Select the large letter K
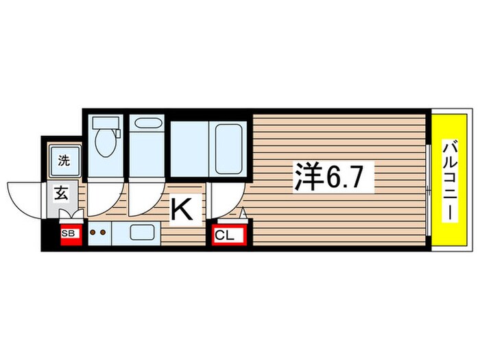(183, 211)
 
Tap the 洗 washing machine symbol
(64, 162)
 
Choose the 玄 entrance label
(60, 193)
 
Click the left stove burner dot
(93, 232)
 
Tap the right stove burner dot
(104, 232)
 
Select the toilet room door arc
(103, 202)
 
